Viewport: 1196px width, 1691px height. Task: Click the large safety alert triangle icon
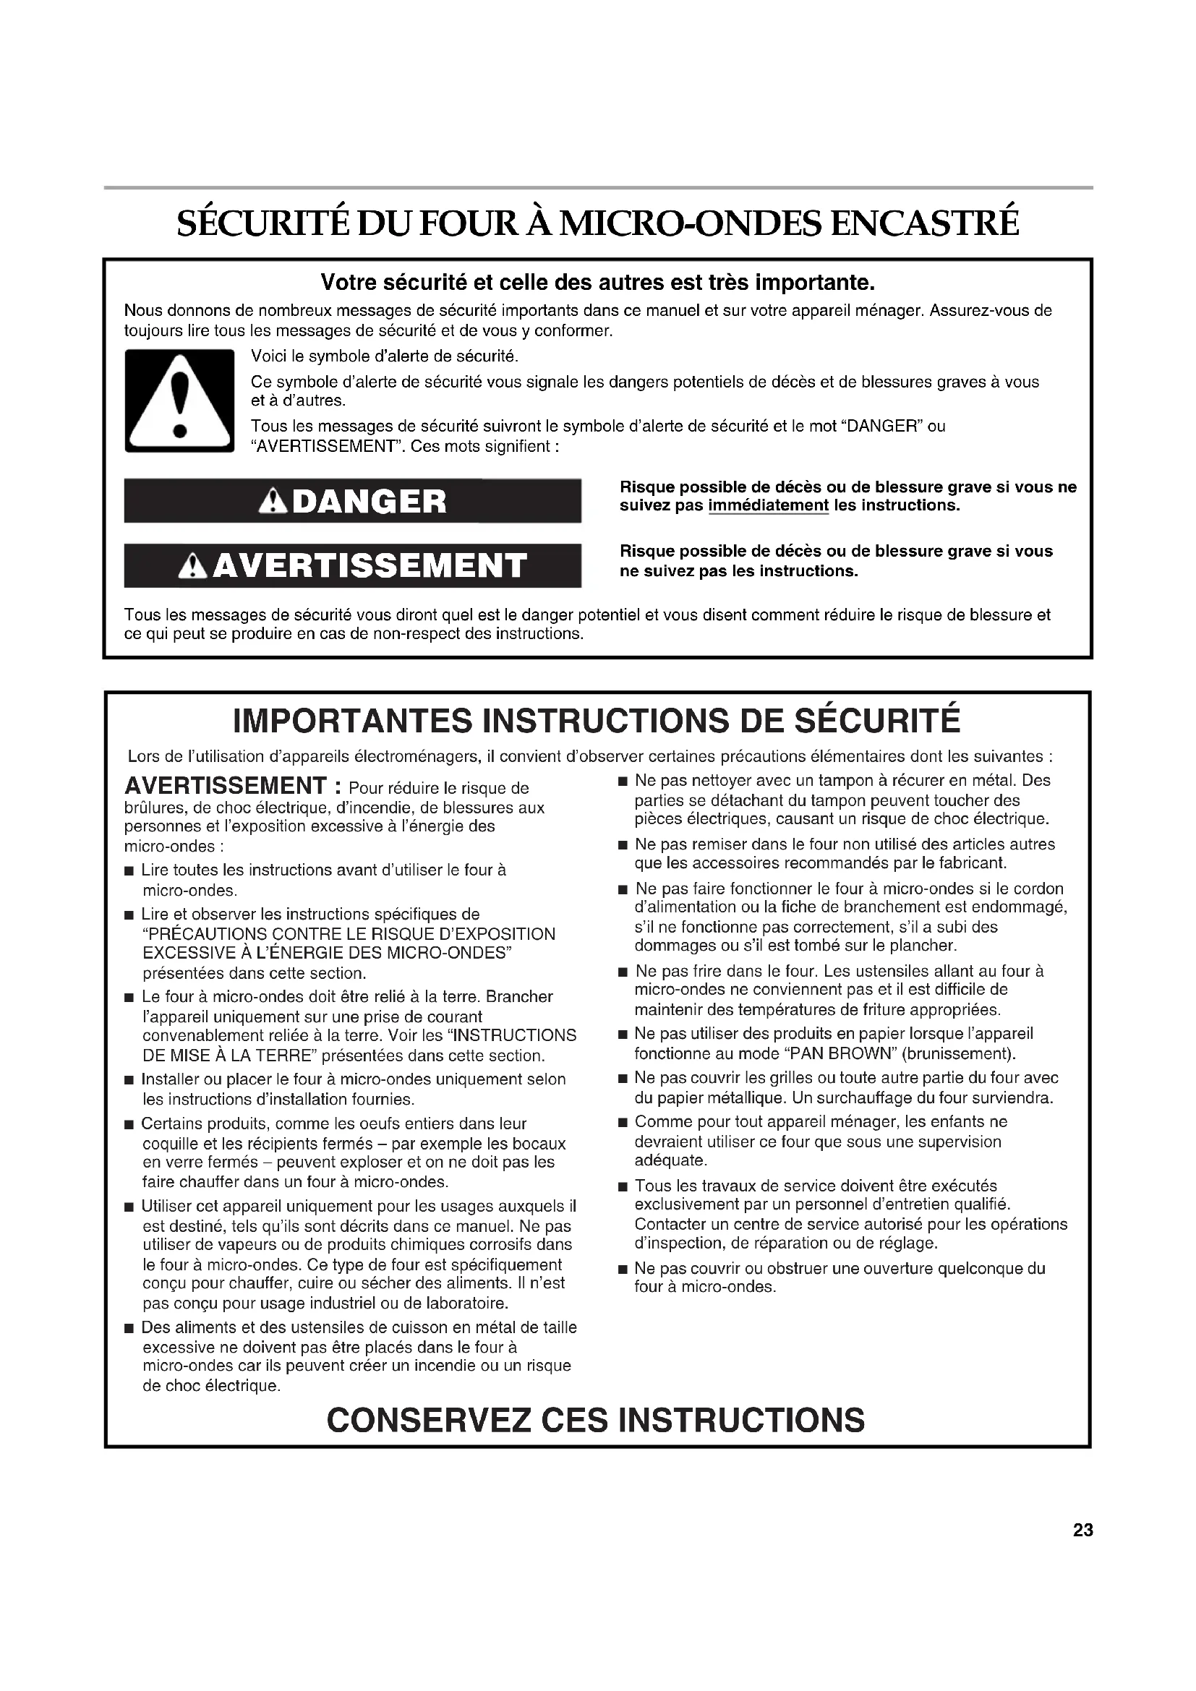(179, 401)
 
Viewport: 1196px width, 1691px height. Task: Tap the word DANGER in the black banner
(369, 502)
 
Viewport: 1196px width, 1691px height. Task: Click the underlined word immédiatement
(768, 506)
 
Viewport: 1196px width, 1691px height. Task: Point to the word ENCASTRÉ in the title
(925, 223)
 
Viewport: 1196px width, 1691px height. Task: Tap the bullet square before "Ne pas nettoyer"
(623, 781)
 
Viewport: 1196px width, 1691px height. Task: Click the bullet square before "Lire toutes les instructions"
(129, 871)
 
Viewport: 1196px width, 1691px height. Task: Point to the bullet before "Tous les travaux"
(623, 1186)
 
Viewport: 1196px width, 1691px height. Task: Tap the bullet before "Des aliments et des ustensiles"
(129, 1328)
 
